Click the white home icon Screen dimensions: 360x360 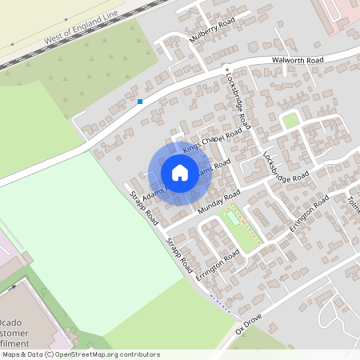pos(180,172)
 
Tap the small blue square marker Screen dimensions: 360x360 pos(140,102)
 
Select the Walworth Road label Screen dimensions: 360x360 pos(296,60)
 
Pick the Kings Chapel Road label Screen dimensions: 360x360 pos(212,137)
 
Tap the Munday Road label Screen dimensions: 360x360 pos(218,204)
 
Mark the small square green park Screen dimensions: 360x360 pos(290,120)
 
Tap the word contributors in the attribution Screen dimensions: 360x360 pos(138,354)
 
